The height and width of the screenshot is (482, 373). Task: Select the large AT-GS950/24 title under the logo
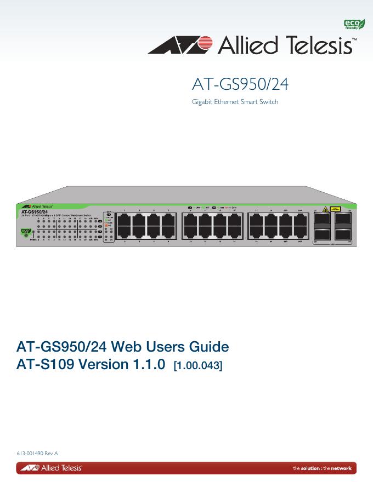click(x=240, y=85)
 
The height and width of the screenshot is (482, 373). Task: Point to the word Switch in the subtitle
click(x=269, y=102)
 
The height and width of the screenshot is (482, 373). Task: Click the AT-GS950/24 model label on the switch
click(x=34, y=211)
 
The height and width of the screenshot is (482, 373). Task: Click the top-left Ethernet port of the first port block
click(x=125, y=220)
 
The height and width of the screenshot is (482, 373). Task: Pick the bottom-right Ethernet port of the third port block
click(x=300, y=232)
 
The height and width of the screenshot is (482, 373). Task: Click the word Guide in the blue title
click(x=208, y=347)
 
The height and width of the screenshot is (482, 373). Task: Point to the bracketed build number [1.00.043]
click(x=197, y=365)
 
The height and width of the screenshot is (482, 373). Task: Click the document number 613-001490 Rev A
click(x=37, y=453)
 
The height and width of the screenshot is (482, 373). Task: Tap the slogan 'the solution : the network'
click(x=322, y=468)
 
